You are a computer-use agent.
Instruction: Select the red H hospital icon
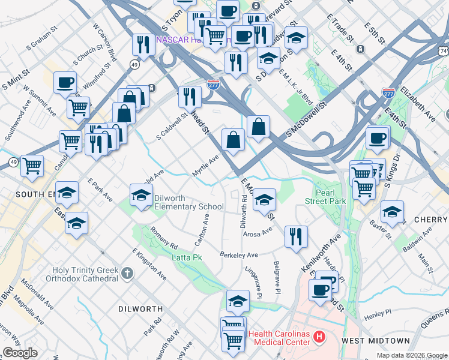pyautogui.click(x=319, y=338)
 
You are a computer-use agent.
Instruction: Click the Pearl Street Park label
pyautogui.click(x=330, y=197)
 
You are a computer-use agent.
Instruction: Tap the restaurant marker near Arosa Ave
pyautogui.click(x=296, y=236)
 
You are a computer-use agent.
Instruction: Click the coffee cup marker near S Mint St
pyautogui.click(x=65, y=83)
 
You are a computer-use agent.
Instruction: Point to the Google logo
pyautogui.click(x=20, y=353)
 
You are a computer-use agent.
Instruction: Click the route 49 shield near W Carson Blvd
pyautogui.click(x=136, y=64)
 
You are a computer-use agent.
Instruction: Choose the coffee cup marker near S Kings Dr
pyautogui.click(x=378, y=138)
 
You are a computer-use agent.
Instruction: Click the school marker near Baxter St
pyautogui.click(x=393, y=212)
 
